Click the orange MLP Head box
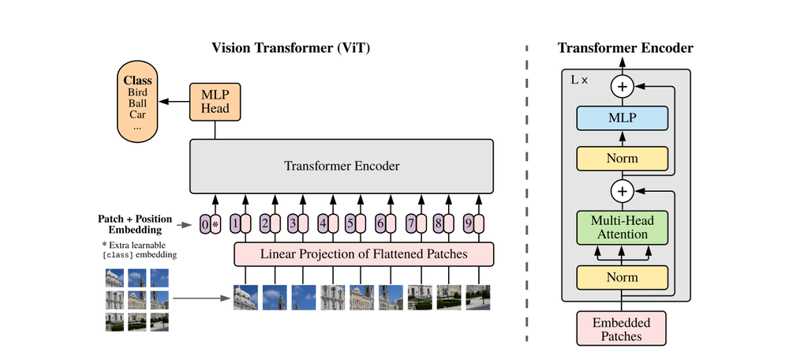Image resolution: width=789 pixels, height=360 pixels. pyautogui.click(x=215, y=101)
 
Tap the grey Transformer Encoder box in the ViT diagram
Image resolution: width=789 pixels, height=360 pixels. pyautogui.click(x=341, y=167)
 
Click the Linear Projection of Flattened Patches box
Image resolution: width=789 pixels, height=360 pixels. pyautogui.click(x=364, y=254)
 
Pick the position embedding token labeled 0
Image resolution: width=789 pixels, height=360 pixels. pyautogui.click(x=205, y=224)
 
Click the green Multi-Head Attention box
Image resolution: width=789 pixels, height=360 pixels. pyautogui.click(x=623, y=227)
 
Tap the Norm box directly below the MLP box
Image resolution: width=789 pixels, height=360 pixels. pyautogui.click(x=623, y=159)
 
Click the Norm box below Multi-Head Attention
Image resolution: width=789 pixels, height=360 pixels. pyautogui.click(x=623, y=278)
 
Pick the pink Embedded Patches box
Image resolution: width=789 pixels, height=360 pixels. pyautogui.click(x=623, y=328)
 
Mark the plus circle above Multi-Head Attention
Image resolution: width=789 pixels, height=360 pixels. pyautogui.click(x=623, y=190)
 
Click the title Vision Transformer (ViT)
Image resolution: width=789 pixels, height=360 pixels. pyautogui.click(x=291, y=48)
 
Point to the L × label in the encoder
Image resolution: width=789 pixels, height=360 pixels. pyautogui.click(x=579, y=81)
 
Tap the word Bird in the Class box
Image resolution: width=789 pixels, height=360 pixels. pyautogui.click(x=136, y=92)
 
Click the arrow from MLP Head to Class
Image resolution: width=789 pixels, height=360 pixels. pyautogui.click(x=174, y=101)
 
